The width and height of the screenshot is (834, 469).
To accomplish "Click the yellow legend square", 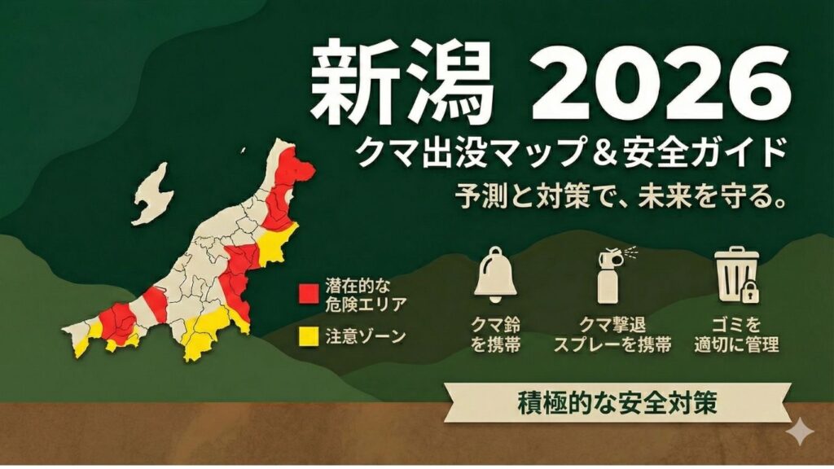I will coord(308,335).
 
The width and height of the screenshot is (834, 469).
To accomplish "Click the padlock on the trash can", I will coord(750,289).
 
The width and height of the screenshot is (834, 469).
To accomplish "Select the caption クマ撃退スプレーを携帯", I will coord(612,335).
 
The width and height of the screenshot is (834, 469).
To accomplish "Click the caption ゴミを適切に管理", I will coord(736,335).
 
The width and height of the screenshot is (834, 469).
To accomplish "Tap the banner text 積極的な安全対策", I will coord(617,402).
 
